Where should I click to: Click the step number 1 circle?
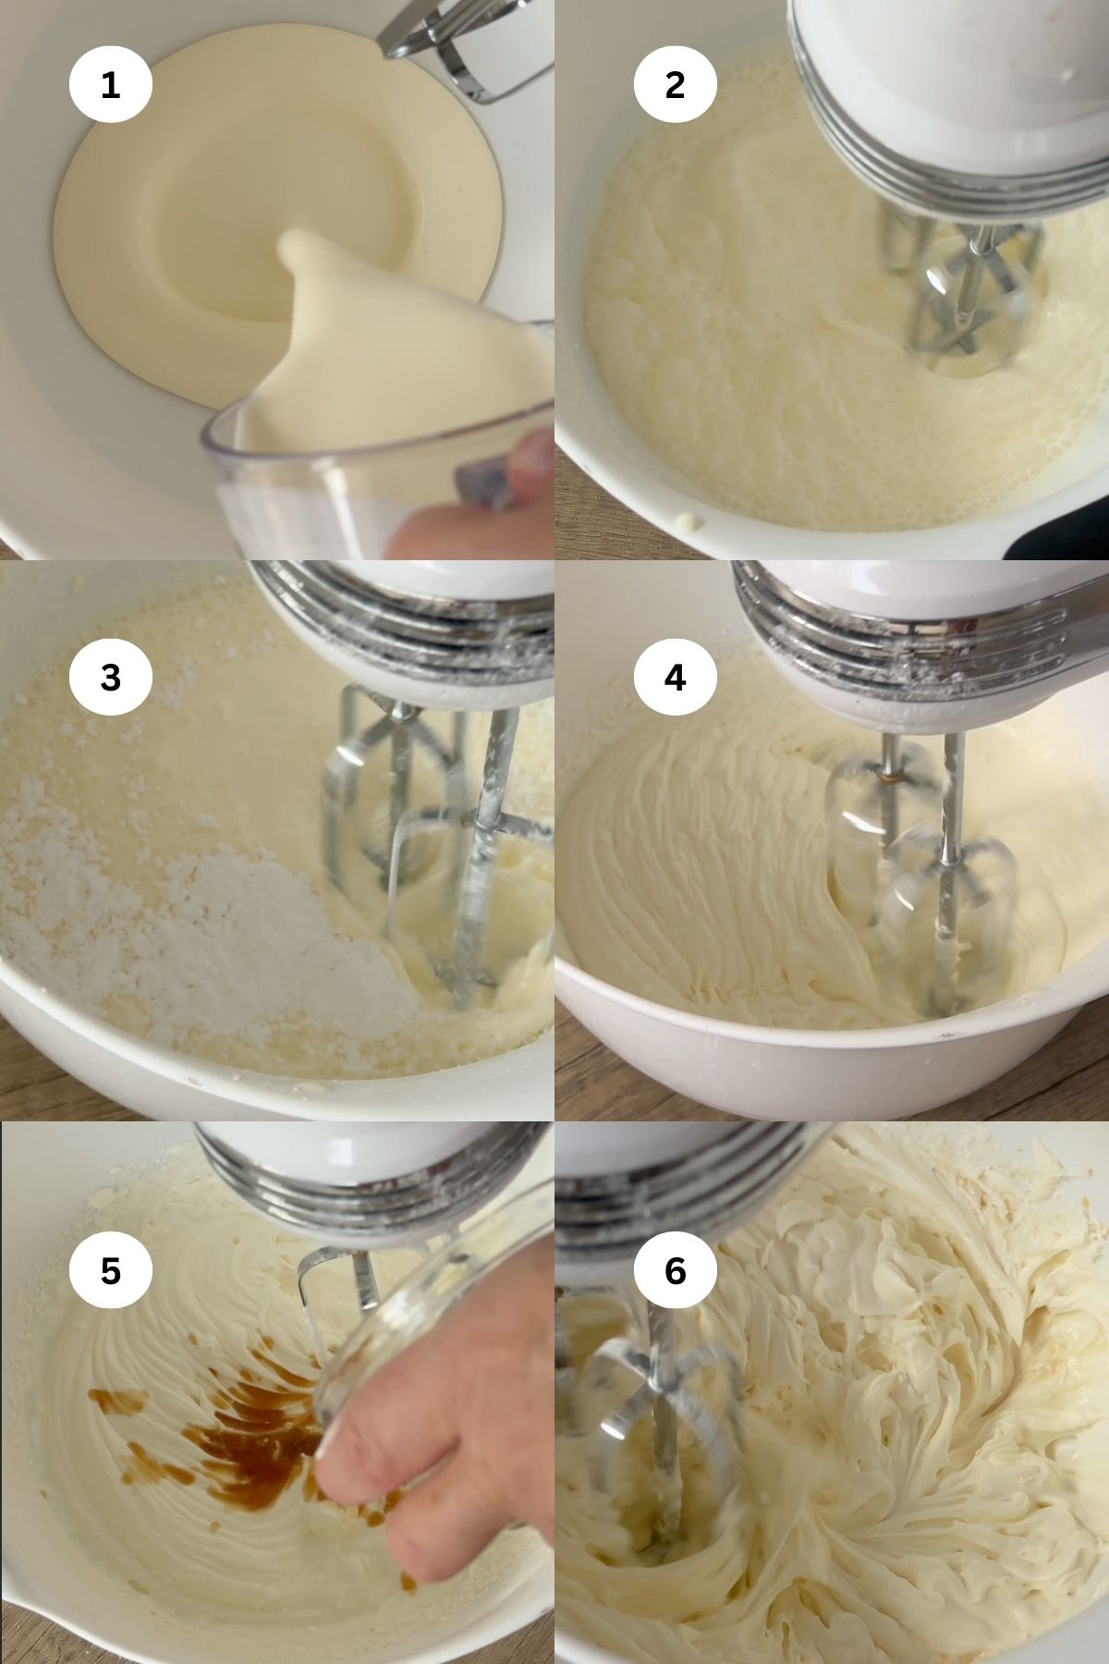pyautogui.click(x=110, y=85)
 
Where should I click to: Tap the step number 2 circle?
pyautogui.click(x=675, y=85)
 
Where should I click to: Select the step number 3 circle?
pyautogui.click(x=110, y=678)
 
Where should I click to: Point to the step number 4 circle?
pyautogui.click(x=675, y=678)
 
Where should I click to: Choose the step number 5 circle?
pyautogui.click(x=110, y=1271)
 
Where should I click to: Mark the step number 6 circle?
pyautogui.click(x=675, y=1271)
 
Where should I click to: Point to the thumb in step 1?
pyautogui.click(x=531, y=453)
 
